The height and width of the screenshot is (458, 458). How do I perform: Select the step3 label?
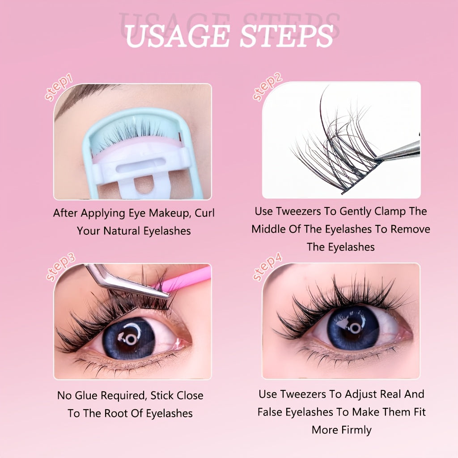click(x=60, y=267)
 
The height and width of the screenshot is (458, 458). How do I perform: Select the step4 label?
click(x=267, y=267)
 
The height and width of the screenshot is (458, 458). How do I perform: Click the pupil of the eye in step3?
click(x=131, y=339)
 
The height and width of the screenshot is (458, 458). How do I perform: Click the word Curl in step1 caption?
click(x=204, y=213)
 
